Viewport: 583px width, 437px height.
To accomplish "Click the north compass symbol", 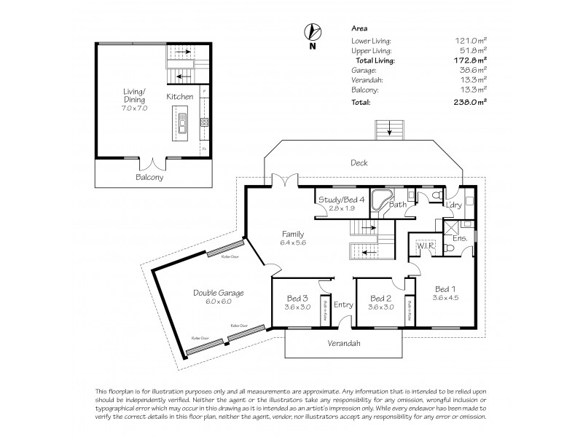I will coord(312,32).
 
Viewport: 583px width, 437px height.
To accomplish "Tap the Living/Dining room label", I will coord(135,95).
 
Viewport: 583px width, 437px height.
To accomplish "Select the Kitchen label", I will coord(179,96).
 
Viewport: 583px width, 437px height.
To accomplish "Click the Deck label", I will coord(359,163).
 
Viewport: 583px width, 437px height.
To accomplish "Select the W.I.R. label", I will coord(426,246).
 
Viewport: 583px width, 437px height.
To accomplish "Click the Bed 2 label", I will coord(381,299).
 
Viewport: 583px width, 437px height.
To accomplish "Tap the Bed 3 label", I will coord(296,299).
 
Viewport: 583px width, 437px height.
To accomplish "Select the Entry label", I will coord(343,304).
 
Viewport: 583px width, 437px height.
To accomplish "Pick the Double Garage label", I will coord(218,293).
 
